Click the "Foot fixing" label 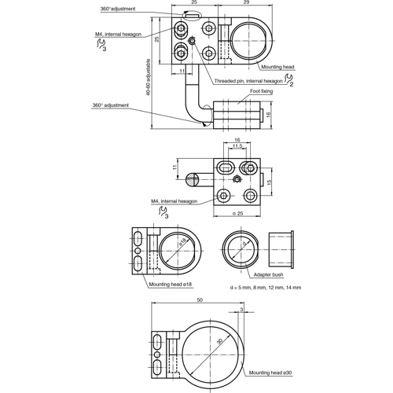(x=262, y=91)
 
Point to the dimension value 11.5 (x=237, y=146)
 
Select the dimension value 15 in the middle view (x=268, y=182)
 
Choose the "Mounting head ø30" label (x=270, y=374)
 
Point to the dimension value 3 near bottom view (x=241, y=310)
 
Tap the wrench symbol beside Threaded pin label (x=289, y=81)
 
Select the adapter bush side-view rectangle (x=281, y=249)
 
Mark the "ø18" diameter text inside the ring (x=181, y=244)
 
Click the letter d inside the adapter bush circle (x=244, y=245)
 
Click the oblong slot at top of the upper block (x=189, y=13)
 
